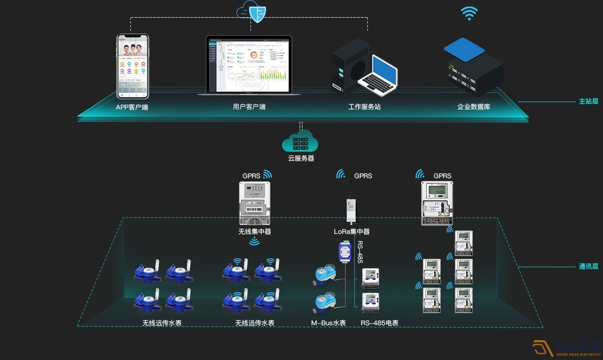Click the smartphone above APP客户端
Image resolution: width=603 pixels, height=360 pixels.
pos(132,66)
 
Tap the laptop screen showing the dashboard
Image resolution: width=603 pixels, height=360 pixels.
pos(249,65)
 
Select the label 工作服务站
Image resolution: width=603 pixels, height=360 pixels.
pos(365,107)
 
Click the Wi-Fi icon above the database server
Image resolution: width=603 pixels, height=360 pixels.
pos(469,13)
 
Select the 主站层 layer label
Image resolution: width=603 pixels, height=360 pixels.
pos(588,101)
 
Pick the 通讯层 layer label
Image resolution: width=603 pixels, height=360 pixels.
pos(588,266)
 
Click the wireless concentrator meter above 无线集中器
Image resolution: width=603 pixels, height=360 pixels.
pos(254,203)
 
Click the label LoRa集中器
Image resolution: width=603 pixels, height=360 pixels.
pos(352,231)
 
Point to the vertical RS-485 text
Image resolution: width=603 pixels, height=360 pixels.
pos(360,252)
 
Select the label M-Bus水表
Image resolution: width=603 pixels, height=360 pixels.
pos(328,323)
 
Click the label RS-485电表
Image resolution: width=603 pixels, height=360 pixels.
pos(379,323)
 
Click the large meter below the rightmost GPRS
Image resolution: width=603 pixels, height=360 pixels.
pos(436,203)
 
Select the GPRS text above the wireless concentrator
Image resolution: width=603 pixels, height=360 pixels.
pos(251,176)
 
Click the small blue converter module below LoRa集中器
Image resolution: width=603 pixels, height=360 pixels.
pos(345,251)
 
